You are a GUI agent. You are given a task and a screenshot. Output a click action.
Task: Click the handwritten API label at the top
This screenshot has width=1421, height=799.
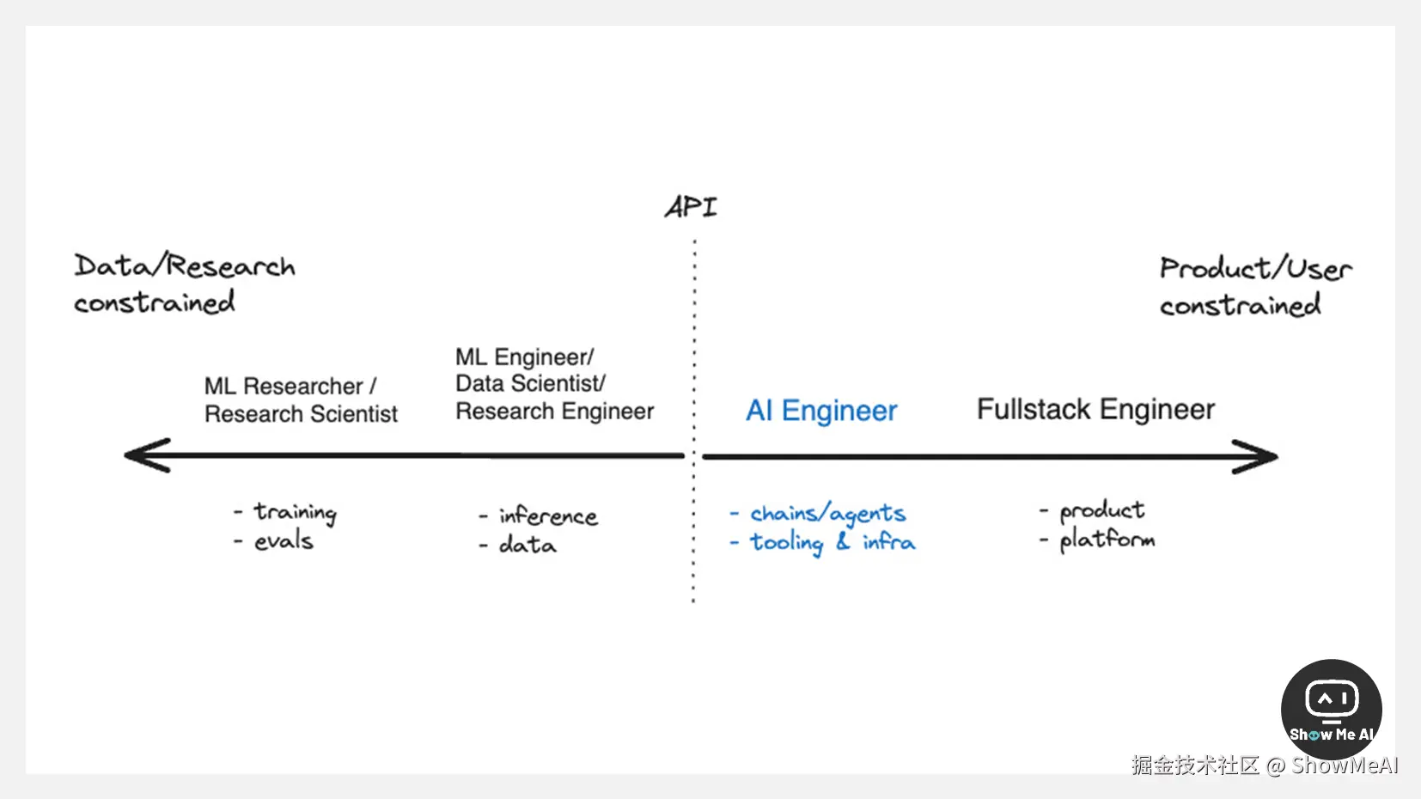[x=691, y=207]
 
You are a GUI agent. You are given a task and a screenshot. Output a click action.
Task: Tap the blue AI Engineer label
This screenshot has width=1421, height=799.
[x=821, y=411]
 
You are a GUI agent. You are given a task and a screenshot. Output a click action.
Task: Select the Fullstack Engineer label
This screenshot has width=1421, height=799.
[x=1095, y=410]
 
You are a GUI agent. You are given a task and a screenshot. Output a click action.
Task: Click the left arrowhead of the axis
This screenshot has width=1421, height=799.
[x=146, y=455]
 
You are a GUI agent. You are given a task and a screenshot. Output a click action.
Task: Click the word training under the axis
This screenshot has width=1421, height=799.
[x=295, y=513]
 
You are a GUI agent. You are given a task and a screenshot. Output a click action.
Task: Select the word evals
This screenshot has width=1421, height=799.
[x=284, y=541]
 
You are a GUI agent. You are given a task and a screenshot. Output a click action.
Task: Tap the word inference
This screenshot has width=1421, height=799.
[x=548, y=515]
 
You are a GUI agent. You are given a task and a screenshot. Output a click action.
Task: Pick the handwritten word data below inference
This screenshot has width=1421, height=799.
[x=528, y=545]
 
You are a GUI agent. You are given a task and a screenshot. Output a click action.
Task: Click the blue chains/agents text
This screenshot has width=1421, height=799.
[x=827, y=514]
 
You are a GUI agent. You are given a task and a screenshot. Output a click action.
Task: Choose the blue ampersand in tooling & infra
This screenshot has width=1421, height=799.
[x=843, y=541]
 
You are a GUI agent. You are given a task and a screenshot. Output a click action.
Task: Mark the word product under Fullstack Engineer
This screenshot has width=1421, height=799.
[x=1101, y=510]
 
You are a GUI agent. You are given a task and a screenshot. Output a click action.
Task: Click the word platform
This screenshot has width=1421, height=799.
[x=1107, y=540]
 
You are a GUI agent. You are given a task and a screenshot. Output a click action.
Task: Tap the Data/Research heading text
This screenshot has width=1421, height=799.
[x=185, y=266]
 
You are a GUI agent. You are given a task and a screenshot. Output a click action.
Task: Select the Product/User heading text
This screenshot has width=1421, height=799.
[x=1255, y=269]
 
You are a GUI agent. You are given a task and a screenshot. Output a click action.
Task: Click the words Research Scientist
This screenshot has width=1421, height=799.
[x=301, y=414]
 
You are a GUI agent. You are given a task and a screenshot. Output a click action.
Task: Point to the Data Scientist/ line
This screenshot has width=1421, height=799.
[x=530, y=383]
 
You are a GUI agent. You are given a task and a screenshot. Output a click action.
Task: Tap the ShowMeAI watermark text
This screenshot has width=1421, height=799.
[x=1345, y=765]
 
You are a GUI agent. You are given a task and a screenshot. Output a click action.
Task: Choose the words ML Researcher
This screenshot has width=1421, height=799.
[x=284, y=386]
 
